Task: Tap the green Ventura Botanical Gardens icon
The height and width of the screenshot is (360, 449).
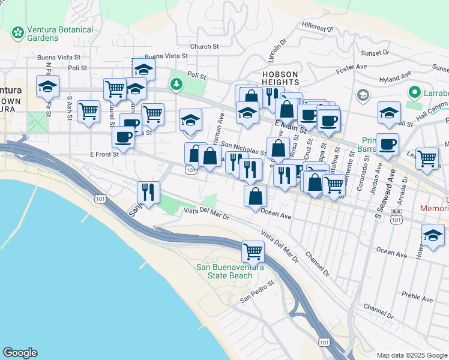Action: click(17, 31)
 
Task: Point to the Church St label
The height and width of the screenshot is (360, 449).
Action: click(204, 46)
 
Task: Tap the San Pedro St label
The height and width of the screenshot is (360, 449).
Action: click(257, 290)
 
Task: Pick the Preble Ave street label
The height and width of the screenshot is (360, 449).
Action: click(418, 298)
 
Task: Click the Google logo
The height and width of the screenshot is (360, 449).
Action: click(20, 353)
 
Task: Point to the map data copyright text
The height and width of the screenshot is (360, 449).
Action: click(412, 355)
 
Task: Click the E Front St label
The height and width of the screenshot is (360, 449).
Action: click(104, 154)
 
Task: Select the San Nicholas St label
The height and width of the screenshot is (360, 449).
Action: click(243, 148)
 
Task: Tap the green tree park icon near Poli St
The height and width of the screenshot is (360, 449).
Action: click(176, 83)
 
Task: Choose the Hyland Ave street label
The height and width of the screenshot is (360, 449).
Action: click(395, 78)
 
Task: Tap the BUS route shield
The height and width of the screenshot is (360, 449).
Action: click(396, 212)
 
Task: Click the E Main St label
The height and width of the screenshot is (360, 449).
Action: click(291, 125)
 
